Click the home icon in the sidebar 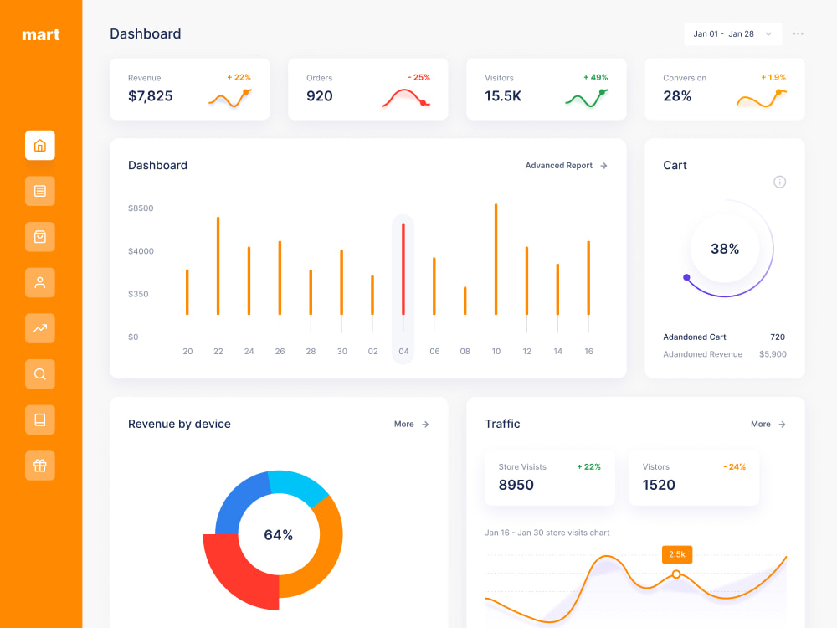tap(40, 145)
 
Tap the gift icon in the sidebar tap(40, 466)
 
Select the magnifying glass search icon tap(40, 373)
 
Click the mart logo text tap(40, 34)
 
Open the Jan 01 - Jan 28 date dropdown tap(733, 33)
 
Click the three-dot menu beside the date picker tap(798, 33)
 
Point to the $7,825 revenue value tap(151, 96)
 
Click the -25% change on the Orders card tap(419, 77)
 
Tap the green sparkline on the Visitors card tap(586, 99)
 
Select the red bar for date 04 tap(403, 269)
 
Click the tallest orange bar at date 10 tap(496, 259)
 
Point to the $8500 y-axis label tap(141, 208)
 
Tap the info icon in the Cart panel tap(780, 182)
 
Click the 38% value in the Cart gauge tap(725, 249)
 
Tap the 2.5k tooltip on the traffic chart tap(677, 554)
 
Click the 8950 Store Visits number tap(516, 485)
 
